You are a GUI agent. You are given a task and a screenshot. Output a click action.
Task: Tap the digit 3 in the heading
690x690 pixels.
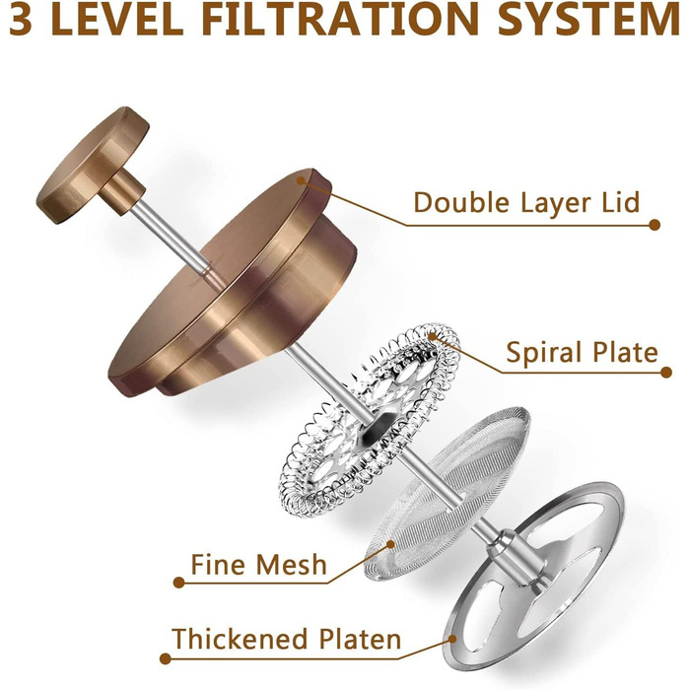point(21,19)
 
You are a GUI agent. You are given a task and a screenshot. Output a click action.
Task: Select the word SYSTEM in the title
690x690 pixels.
point(589,19)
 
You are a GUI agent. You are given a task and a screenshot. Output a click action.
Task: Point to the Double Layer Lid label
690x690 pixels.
point(526,202)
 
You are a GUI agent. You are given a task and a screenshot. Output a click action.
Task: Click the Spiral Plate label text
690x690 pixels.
point(582,352)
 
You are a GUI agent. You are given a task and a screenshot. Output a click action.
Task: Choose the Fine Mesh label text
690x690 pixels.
point(258,564)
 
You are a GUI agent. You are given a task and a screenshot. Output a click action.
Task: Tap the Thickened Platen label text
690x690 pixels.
point(287,639)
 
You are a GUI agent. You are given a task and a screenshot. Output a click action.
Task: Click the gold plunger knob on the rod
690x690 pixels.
point(93,165)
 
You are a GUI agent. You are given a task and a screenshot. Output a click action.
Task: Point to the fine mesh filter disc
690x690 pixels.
point(447,493)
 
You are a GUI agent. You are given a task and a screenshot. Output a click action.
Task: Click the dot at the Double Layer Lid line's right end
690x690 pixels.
point(655,225)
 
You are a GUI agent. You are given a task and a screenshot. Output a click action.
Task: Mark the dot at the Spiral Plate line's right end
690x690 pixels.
point(666,373)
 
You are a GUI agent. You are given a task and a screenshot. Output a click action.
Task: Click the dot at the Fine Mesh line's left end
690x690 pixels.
point(178,583)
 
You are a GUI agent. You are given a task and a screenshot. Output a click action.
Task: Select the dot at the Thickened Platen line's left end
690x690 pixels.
point(165,658)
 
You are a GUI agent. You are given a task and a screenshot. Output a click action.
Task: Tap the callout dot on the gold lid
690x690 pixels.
point(301,180)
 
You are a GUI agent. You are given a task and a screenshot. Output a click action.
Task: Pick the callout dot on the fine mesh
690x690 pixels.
point(390,544)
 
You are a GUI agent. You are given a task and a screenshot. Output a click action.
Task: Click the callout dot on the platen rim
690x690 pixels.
point(452,638)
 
